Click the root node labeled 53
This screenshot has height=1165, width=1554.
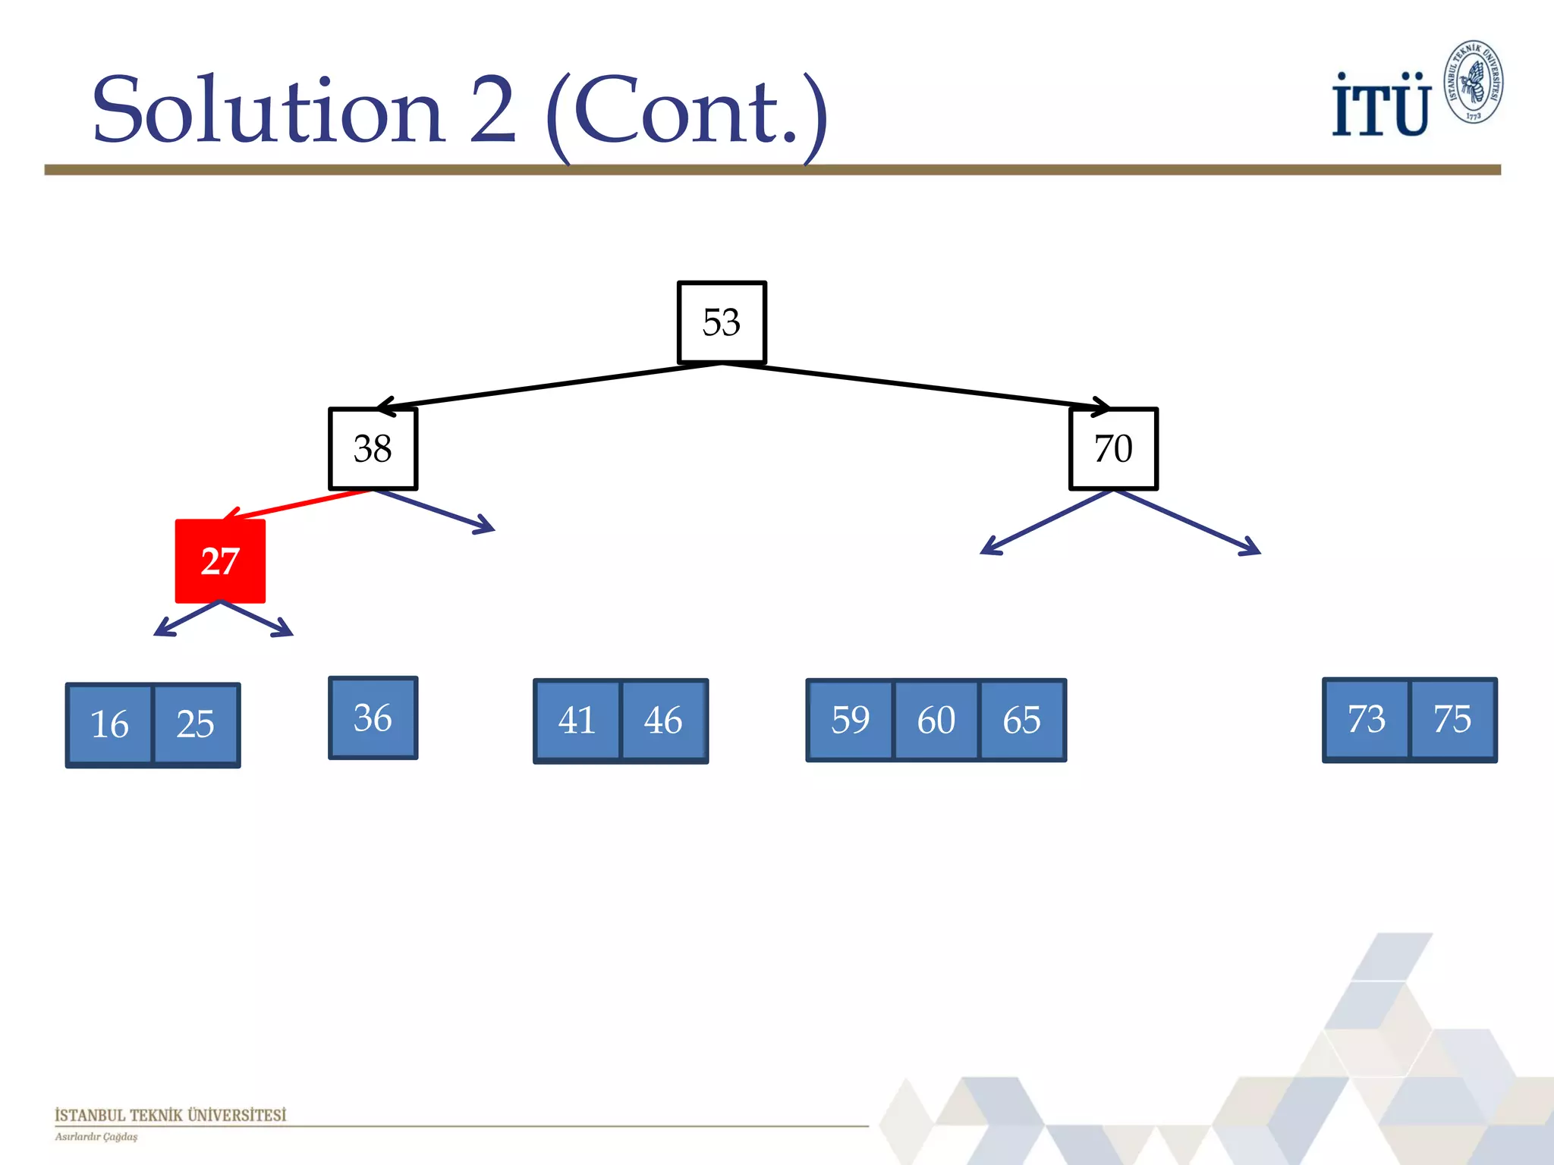coord(722,322)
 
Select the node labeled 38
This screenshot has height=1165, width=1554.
coord(373,449)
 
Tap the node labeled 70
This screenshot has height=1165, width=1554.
coord(1113,449)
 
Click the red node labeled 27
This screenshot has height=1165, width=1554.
coord(220,561)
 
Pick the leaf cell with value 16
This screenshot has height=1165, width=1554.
coord(110,724)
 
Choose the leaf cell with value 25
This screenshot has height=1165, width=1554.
coord(196,724)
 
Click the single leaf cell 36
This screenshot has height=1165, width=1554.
coord(373,718)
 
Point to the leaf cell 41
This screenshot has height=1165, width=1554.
coord(577,721)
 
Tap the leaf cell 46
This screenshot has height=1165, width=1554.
coord(663,721)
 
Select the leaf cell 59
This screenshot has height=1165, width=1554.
coord(851,720)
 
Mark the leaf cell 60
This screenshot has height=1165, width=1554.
coord(936,720)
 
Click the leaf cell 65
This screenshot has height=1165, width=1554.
coord(1022,720)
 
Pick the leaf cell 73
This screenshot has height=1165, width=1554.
coord(1367,719)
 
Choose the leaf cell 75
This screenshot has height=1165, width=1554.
coord(1452,719)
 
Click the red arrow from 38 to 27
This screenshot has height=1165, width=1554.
coord(300,504)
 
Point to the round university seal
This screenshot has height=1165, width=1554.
coord(1473,82)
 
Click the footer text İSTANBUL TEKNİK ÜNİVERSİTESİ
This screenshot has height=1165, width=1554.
coord(171,1115)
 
